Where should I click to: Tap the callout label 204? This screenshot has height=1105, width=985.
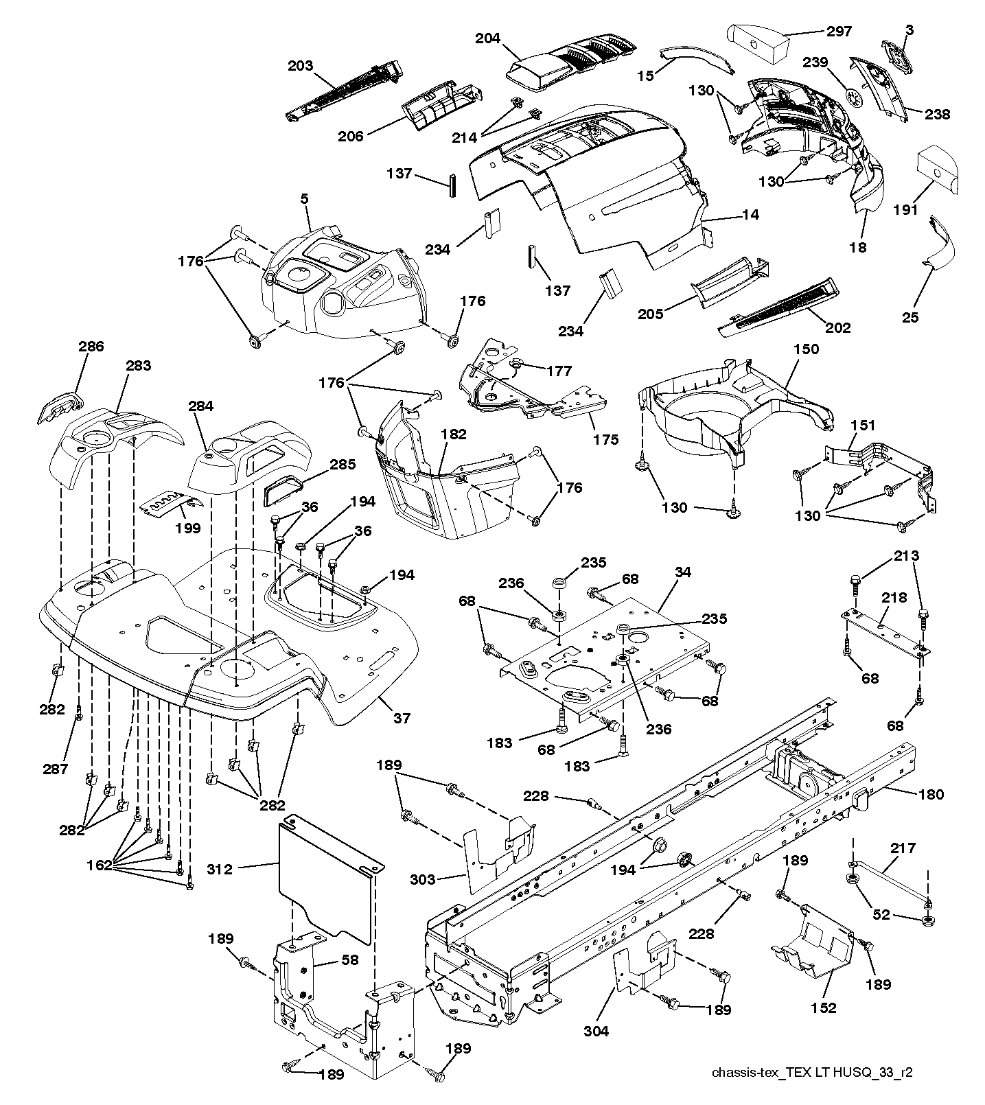pos(488,39)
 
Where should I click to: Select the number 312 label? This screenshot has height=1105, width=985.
pos(220,869)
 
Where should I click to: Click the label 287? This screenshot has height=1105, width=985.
pos(55,769)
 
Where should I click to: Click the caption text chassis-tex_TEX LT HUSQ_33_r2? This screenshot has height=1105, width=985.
pos(813,1073)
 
